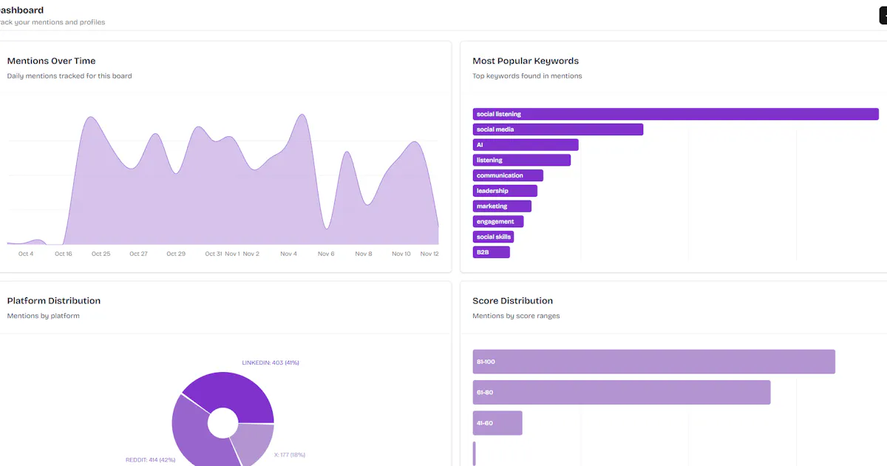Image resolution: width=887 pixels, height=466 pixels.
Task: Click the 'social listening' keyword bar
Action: pos(676,114)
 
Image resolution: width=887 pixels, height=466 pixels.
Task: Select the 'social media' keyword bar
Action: pos(558,129)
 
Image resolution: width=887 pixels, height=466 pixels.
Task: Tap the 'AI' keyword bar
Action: pos(526,145)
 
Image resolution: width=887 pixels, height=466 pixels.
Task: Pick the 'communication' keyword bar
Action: pos(508,175)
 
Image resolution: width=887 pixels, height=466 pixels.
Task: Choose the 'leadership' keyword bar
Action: pos(505,191)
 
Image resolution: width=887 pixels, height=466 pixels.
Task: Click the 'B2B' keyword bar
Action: pos(491,252)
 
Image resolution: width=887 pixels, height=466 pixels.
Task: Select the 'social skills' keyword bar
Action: pos(493,237)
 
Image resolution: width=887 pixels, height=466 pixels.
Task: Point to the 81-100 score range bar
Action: pos(653,362)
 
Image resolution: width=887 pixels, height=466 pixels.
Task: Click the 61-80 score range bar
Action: pos(622,392)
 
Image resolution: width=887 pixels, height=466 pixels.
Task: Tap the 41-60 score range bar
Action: pos(497,423)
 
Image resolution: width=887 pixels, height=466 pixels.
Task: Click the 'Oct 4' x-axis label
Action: pos(26,254)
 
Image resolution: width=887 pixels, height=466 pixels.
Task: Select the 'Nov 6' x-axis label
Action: pos(326,254)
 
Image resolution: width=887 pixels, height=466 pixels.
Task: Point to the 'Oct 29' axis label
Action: pos(176,254)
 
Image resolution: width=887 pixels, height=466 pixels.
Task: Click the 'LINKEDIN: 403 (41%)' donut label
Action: pos(271,362)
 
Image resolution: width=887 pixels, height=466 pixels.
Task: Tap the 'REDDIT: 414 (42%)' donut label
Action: pos(151,459)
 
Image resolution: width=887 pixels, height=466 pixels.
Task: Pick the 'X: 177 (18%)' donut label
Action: pos(290,454)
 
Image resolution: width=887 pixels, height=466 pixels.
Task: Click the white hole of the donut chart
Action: pos(223,423)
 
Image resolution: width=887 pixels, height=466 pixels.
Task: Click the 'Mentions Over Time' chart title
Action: pos(52,61)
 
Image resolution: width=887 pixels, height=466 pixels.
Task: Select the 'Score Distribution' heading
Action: pos(512,300)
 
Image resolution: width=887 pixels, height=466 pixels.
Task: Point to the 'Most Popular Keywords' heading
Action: pos(526,61)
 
